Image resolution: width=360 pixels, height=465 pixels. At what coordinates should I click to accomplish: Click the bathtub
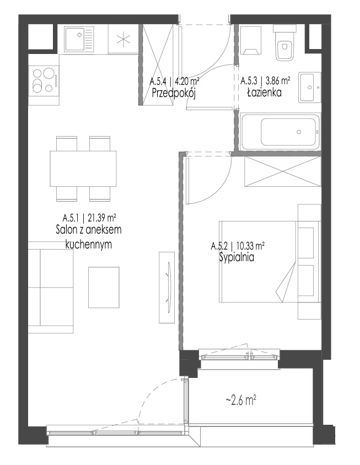(280, 132)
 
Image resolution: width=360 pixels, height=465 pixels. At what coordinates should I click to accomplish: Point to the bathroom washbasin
(309, 87)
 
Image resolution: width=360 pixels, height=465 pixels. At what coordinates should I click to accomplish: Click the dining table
(83, 169)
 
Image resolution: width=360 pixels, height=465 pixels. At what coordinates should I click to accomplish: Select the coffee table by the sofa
(104, 287)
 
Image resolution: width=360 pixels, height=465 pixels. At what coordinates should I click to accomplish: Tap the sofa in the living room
(51, 287)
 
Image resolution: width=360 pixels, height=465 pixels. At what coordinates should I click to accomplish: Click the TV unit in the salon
(166, 287)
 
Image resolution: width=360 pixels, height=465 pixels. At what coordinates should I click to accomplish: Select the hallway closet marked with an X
(158, 65)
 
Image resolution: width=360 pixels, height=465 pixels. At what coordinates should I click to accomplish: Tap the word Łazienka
(265, 93)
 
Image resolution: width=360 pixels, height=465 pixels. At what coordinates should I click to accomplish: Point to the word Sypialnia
(237, 257)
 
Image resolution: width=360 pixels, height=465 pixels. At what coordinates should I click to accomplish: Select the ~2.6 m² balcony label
(241, 401)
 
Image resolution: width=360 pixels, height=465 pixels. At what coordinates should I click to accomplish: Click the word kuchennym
(88, 245)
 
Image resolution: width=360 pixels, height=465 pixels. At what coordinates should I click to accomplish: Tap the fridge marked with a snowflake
(123, 39)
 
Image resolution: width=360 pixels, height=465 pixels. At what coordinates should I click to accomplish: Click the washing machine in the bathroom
(251, 41)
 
